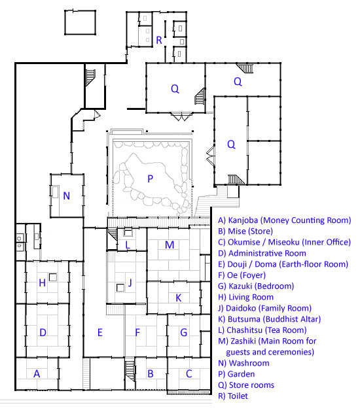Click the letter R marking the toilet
(x=159, y=40)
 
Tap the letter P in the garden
(x=150, y=179)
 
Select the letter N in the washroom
(x=67, y=196)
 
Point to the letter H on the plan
(x=42, y=283)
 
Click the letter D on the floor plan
(x=43, y=332)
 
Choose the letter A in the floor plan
(x=37, y=373)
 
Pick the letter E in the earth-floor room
(x=100, y=332)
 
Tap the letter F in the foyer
(x=137, y=332)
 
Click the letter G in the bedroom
(x=183, y=332)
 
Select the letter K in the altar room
(x=178, y=298)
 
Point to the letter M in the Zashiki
(x=170, y=245)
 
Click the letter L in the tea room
(x=128, y=245)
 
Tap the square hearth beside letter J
(x=120, y=288)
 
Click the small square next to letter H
(x=53, y=277)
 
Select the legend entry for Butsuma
(x=270, y=319)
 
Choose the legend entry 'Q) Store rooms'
(x=246, y=385)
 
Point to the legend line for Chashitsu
(x=262, y=330)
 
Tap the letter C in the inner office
(x=189, y=373)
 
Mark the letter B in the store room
(x=151, y=373)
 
